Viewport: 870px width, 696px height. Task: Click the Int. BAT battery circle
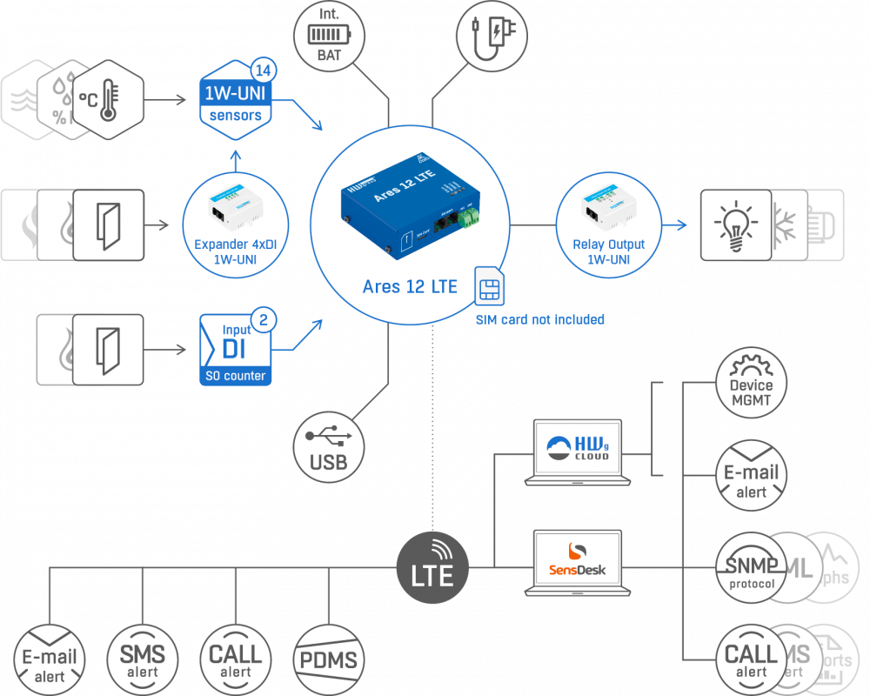tap(329, 36)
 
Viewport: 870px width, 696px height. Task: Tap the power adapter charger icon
tap(492, 36)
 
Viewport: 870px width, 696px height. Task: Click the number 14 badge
tap(264, 70)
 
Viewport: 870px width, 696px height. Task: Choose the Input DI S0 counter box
tap(236, 350)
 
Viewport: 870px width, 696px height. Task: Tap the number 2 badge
tap(264, 319)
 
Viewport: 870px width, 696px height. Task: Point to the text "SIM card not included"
tap(539, 319)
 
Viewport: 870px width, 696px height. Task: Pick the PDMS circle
tap(327, 659)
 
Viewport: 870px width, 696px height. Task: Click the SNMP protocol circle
tap(750, 567)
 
